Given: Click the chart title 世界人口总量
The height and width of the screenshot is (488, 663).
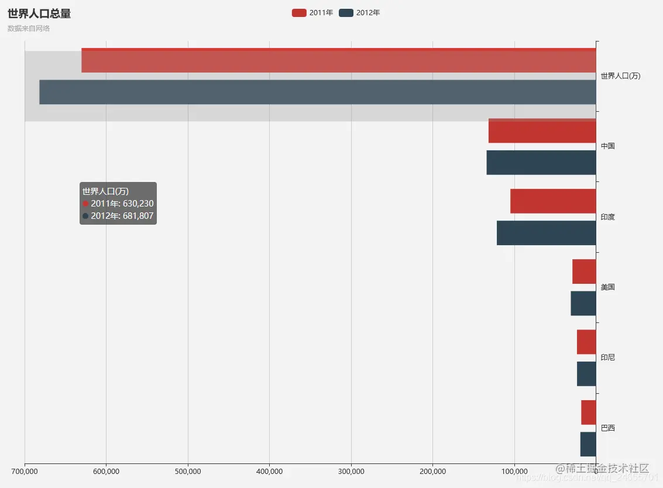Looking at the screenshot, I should coord(39,14).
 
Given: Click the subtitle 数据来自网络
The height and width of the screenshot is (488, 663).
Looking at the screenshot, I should coord(29,28).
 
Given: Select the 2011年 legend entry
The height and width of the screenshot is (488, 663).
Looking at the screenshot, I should coord(312,13).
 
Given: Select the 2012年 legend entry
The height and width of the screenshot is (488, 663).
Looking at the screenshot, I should coord(359,13).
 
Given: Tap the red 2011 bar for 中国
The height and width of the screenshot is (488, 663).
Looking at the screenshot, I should coord(542,131).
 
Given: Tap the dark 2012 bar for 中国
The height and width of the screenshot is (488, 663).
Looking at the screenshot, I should coord(541,163).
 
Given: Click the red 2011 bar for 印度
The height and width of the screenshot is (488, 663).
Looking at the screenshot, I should coord(553,201).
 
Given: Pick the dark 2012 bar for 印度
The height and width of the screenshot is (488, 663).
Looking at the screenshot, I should coord(546,233).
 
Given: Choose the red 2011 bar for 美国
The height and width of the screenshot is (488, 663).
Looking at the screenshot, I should coord(584,272).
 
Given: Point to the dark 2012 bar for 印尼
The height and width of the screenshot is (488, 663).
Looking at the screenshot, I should coord(586,374).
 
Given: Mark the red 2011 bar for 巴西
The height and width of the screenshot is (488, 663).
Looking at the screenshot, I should coord(588,413).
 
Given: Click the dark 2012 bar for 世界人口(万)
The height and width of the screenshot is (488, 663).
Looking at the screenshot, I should coord(317,92).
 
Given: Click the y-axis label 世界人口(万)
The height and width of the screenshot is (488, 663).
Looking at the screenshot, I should coord(620,76).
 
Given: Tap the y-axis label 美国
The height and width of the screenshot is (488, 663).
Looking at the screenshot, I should coord(607,287).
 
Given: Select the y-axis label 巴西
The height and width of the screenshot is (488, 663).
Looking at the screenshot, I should coord(607,428).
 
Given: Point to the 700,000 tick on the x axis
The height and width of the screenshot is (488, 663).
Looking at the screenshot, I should coord(25,471).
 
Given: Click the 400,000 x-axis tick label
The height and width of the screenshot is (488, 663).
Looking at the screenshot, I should coord(270,471).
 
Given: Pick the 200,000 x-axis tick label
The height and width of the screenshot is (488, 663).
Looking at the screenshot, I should coord(433,471).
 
